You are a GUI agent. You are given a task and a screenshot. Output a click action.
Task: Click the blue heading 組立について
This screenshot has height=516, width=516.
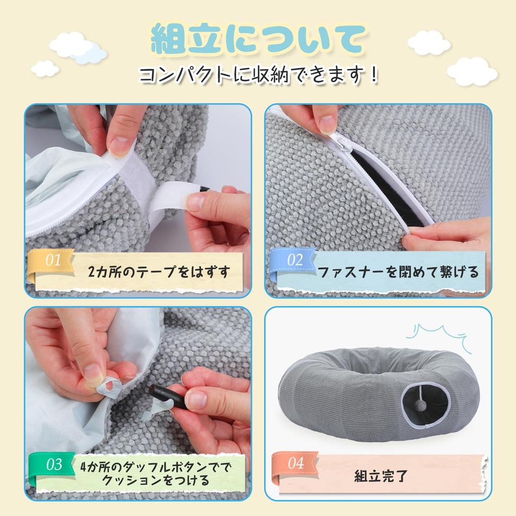click(x=258, y=39)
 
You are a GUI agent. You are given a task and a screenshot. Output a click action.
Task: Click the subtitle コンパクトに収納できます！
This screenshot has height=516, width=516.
click(x=259, y=75)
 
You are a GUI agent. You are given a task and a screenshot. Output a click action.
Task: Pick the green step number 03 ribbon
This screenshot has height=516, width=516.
click(x=52, y=467)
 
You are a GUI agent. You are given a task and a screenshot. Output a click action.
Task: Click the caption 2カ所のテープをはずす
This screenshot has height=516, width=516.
click(x=159, y=272)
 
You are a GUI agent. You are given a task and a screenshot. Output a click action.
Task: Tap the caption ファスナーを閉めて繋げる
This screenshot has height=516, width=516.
click(x=398, y=272)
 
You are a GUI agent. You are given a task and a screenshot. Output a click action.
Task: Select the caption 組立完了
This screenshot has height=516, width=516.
click(x=381, y=476)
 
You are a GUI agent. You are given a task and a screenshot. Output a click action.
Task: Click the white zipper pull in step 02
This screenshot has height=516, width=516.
click(x=340, y=141)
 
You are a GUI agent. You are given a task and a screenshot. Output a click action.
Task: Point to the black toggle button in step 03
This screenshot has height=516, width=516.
click(x=166, y=395)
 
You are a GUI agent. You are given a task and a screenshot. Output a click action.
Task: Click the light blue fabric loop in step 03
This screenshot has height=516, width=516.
click(x=109, y=384)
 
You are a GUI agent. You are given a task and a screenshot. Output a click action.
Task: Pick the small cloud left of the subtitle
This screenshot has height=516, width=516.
click(x=45, y=69)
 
